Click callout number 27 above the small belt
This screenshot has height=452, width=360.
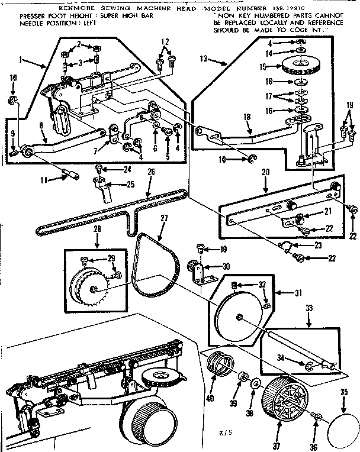pyautogui.click(x=163, y=218)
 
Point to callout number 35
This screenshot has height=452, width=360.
pyautogui.click(x=344, y=392)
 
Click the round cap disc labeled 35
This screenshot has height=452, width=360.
pyautogui.click(x=342, y=421)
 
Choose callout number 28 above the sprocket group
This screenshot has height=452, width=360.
pyautogui.click(x=97, y=228)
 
